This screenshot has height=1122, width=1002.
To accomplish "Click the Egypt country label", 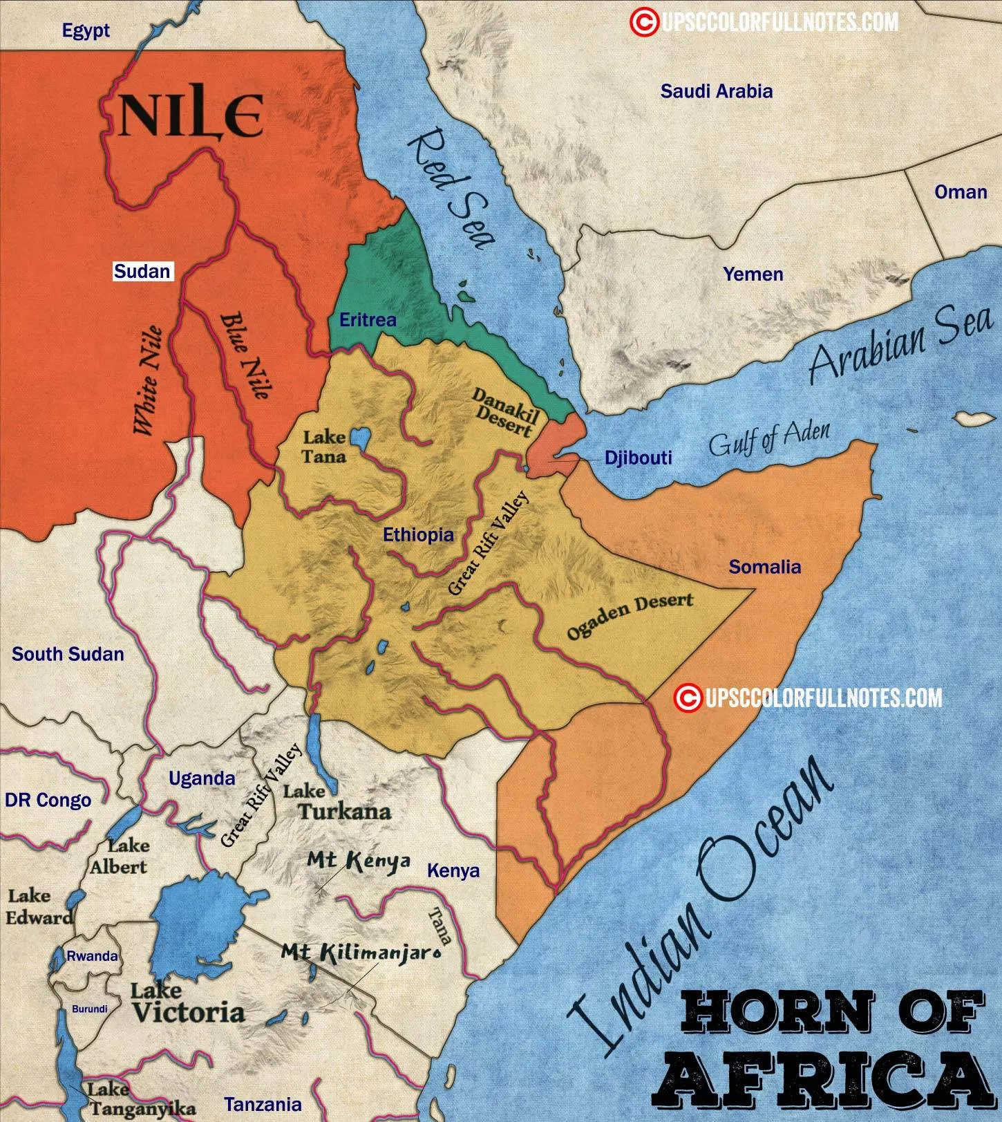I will point(86,31).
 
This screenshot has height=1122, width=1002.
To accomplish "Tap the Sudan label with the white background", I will point(142,272).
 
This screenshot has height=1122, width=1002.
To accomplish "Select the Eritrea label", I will point(368,319).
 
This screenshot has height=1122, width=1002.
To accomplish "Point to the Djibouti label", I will point(638,458).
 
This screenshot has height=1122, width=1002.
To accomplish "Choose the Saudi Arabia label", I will point(716,91).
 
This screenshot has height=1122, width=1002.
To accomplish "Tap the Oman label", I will point(960,192).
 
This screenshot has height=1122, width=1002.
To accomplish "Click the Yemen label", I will point(753,274).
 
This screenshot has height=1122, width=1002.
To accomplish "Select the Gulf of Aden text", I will point(768,439).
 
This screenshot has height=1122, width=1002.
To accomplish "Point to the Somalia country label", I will point(765,567).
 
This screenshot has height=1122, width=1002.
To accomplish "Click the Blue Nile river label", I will point(245,356).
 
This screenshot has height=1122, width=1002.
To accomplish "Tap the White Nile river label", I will point(149,380).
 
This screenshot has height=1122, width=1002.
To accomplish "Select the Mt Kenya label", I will point(358,861).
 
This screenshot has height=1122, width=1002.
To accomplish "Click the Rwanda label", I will point(92,956).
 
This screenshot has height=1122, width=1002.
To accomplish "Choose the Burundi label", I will point(90,1009).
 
